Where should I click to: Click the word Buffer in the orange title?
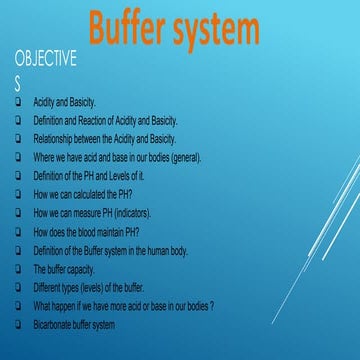point(135,30)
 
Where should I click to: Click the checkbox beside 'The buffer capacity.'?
point(19,269)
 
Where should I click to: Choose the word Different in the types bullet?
point(50,287)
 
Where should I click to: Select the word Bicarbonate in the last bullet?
point(56,324)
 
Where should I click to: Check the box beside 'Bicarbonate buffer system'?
point(19,324)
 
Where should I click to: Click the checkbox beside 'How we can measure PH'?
point(19,213)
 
